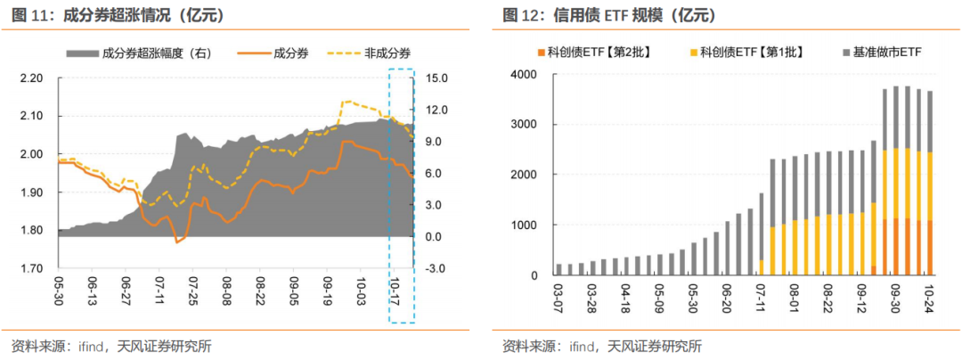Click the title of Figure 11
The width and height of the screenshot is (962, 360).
click(x=117, y=16)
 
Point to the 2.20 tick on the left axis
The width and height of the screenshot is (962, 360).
click(x=30, y=78)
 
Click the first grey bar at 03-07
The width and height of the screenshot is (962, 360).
click(x=559, y=270)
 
